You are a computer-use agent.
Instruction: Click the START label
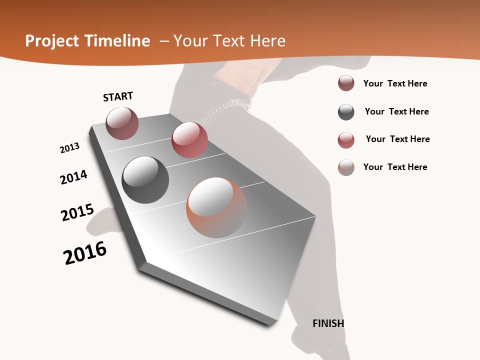click(x=118, y=96)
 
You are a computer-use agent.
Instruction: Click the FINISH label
click(x=328, y=323)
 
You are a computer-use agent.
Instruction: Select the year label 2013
click(x=70, y=147)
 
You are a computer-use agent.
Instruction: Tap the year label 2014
click(x=74, y=177)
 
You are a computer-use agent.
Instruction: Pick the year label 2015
click(x=77, y=212)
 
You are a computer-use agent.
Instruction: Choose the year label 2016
click(x=85, y=253)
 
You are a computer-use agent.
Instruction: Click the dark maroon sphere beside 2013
click(x=122, y=123)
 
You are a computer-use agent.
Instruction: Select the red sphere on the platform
click(x=189, y=139)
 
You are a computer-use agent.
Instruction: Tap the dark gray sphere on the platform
click(x=145, y=179)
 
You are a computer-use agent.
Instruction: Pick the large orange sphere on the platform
click(x=216, y=207)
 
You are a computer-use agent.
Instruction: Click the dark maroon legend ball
click(x=346, y=83)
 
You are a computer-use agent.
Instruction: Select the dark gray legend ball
click(x=346, y=112)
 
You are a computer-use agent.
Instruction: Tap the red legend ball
click(x=346, y=140)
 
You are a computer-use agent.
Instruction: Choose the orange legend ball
click(x=346, y=167)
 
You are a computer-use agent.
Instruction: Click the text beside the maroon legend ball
click(x=395, y=83)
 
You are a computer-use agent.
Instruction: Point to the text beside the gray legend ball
click(x=396, y=111)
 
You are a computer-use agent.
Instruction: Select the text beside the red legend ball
click(x=397, y=139)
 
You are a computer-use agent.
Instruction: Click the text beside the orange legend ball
click(x=395, y=167)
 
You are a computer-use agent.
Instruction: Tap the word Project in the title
click(x=49, y=41)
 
